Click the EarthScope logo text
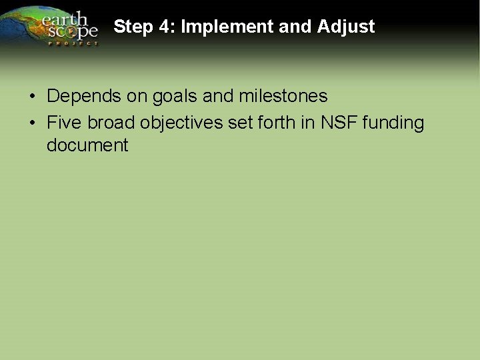(x=70, y=25)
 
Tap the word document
(x=87, y=145)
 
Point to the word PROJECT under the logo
(x=73, y=43)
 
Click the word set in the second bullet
(x=244, y=123)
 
